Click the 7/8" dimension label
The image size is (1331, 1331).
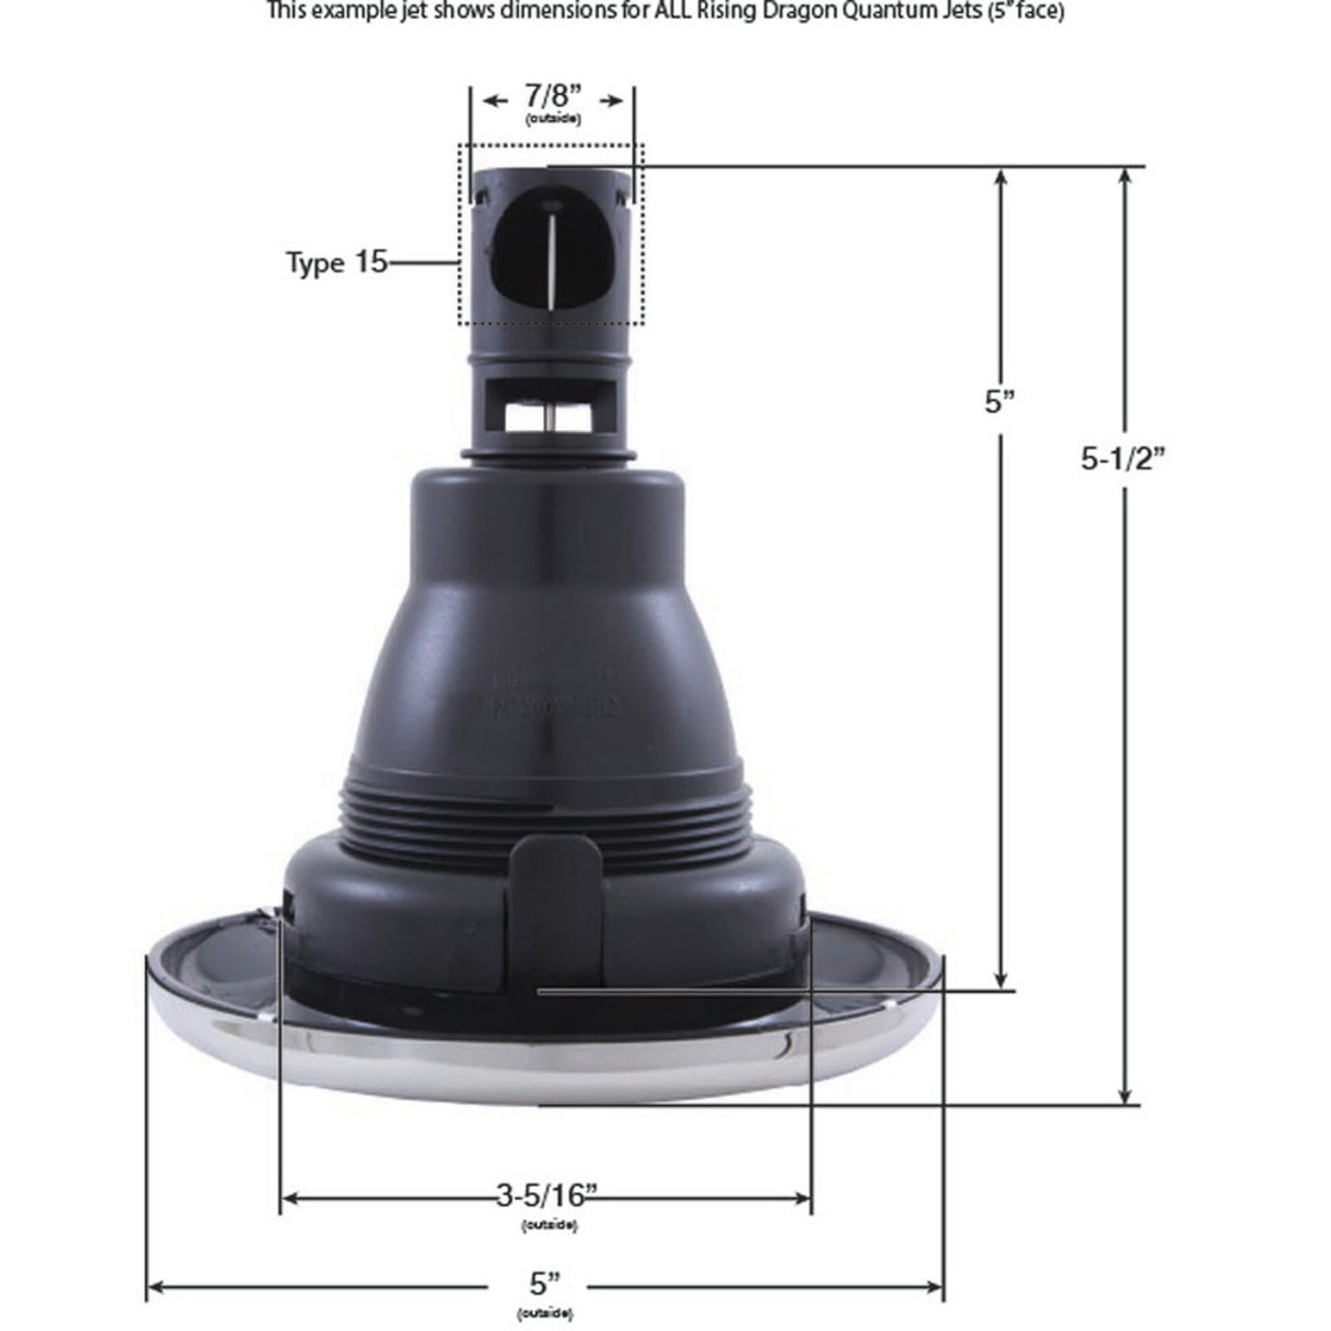[x=553, y=96]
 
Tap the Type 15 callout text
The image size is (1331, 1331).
[x=336, y=263]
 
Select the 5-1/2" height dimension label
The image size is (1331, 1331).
[x=1123, y=459]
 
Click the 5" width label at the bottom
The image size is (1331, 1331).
[x=545, y=1283]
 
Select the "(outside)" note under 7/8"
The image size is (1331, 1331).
[x=553, y=120]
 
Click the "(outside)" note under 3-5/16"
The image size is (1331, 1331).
[x=549, y=1224]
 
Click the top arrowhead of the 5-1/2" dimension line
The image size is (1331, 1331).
[x=1125, y=176]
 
